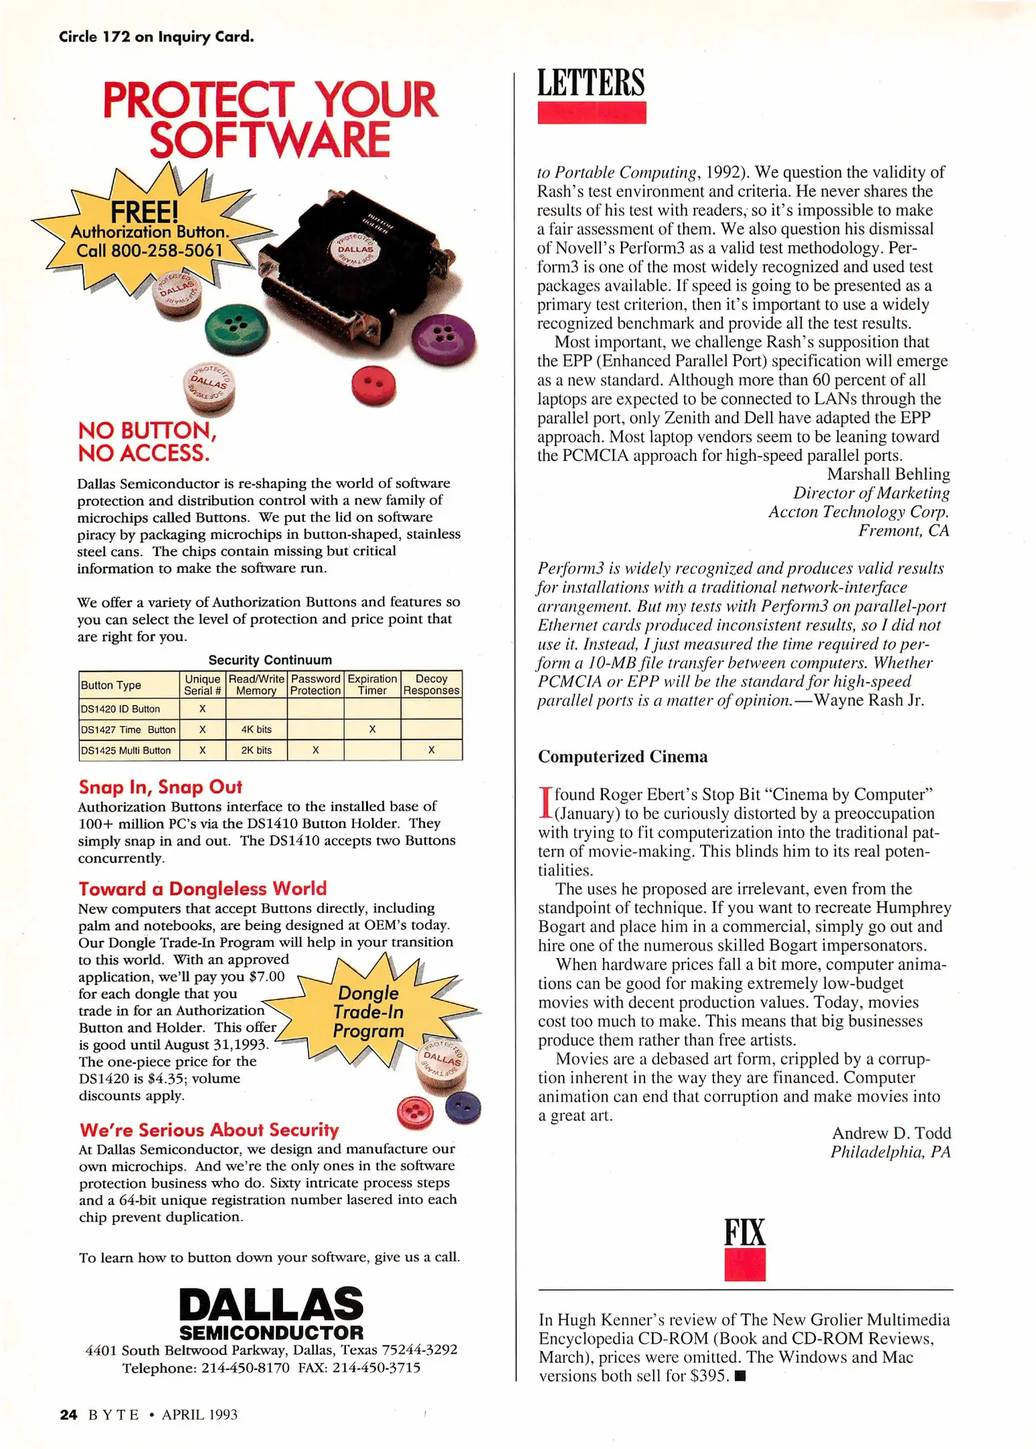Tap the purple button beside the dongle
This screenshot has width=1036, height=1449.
tap(443, 339)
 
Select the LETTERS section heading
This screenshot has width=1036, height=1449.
tap(591, 83)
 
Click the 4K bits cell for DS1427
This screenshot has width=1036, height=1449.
tap(256, 729)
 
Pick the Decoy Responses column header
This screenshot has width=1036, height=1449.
tap(431, 684)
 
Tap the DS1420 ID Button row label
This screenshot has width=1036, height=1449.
tap(121, 709)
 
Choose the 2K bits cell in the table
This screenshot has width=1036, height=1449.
tap(256, 750)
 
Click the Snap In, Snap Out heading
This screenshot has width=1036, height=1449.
tap(160, 787)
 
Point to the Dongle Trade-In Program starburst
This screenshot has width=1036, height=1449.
tap(369, 1012)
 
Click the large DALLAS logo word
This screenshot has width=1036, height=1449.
tap(271, 1304)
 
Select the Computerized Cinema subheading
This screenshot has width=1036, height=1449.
tap(622, 757)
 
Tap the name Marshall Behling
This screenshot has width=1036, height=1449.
tap(888, 474)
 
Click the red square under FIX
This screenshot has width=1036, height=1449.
tap(744, 1264)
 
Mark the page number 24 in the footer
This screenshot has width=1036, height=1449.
tap(68, 1415)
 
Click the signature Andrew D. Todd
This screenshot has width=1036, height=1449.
tap(891, 1133)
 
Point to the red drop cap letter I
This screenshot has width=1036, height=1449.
tap(544, 803)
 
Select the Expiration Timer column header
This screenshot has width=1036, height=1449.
tap(372, 684)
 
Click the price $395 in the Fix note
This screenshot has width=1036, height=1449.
tap(708, 1376)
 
